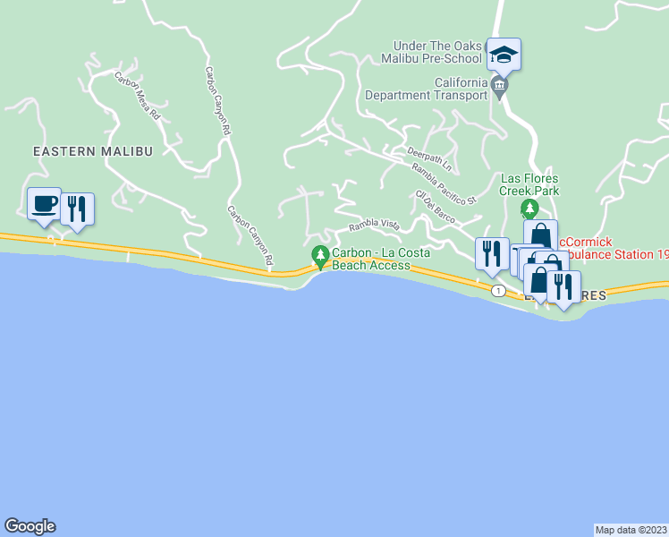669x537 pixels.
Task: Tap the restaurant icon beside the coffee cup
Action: point(77,209)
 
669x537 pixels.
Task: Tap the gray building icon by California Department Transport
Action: point(499,88)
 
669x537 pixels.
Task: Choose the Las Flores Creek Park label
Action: point(529,184)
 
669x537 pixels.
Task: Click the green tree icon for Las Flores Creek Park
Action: point(529,209)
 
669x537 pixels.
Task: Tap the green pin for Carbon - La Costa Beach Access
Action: point(320,258)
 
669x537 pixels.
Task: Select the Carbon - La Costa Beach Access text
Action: point(380,260)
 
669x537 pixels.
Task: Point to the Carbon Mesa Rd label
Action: point(137,97)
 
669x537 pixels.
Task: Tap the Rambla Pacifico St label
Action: point(445,183)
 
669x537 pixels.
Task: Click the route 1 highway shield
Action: point(498,291)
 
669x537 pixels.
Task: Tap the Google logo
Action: point(30,526)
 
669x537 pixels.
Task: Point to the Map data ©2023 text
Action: point(631,530)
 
